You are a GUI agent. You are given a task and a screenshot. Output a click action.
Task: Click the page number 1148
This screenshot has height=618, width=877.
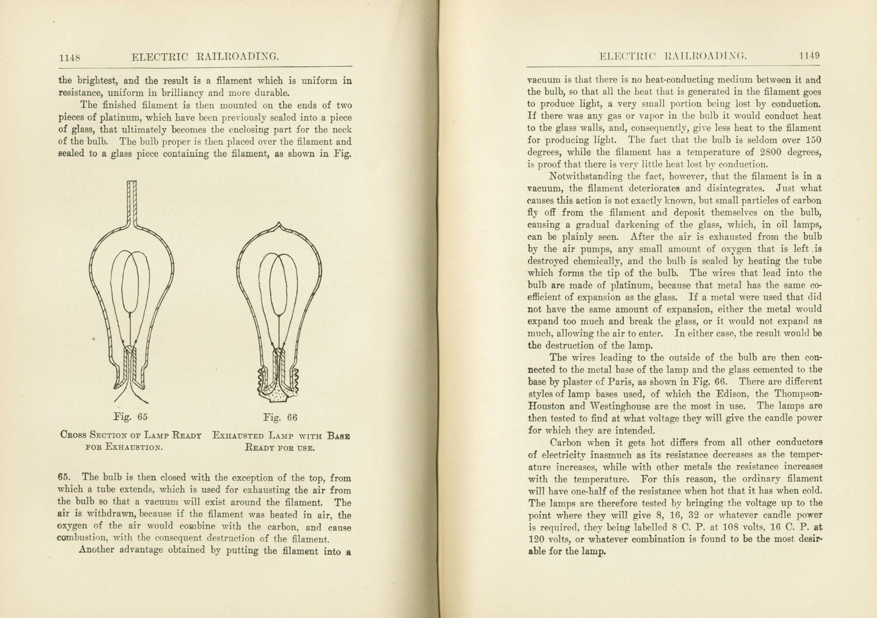point(69,58)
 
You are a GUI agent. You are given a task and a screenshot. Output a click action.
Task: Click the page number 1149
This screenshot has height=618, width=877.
point(810,56)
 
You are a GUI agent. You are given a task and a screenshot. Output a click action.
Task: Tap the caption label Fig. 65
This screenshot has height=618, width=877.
point(131,417)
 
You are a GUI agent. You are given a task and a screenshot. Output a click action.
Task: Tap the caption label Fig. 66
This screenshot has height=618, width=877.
point(281,418)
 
